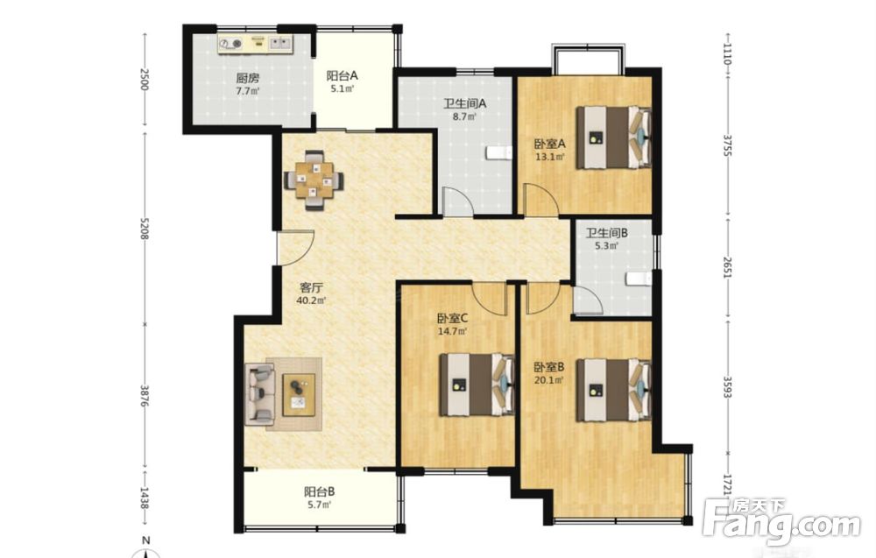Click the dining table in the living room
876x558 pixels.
click(x=314, y=180)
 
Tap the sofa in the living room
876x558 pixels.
click(x=260, y=393)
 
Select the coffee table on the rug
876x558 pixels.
click(x=299, y=395)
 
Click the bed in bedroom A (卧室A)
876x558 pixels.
click(x=614, y=138)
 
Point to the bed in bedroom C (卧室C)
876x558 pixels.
click(x=477, y=385)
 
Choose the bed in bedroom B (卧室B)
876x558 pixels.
click(x=614, y=390)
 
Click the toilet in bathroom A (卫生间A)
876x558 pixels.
click(x=499, y=152)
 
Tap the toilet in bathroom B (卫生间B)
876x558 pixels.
click(x=639, y=279)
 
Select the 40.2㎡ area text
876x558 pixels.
click(x=311, y=300)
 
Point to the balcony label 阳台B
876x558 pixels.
click(x=319, y=491)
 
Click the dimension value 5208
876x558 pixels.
click(x=145, y=229)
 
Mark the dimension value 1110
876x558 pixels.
click(x=727, y=54)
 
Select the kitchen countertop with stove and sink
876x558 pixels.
click(x=256, y=44)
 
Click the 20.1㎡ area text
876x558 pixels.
click(x=548, y=380)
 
